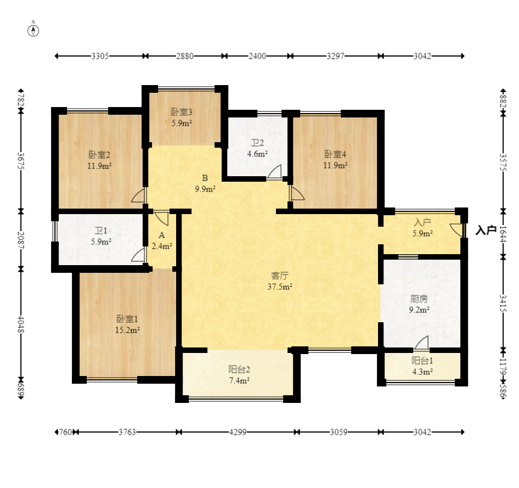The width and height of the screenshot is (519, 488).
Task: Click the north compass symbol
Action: click(33, 30)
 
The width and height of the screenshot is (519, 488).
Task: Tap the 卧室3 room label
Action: click(182, 112)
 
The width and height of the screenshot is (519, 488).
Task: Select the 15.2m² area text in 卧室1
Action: click(127, 330)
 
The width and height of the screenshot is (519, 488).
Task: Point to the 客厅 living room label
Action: click(280, 276)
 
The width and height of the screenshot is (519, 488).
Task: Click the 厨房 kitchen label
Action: click(419, 299)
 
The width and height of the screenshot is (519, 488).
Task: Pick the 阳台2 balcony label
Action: click(239, 369)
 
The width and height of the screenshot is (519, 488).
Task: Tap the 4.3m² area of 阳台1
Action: click(422, 372)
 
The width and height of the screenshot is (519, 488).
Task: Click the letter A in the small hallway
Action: click(162, 235)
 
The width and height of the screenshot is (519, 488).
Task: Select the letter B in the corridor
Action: click(205, 178)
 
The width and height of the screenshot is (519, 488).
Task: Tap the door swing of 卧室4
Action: click(297, 193)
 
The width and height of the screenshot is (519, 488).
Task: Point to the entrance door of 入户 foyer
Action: click(457, 230)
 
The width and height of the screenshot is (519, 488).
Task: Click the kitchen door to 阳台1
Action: click(421, 343)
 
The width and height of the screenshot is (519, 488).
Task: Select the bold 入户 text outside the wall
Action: click(486, 230)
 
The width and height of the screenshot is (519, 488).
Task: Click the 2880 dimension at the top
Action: click(185, 57)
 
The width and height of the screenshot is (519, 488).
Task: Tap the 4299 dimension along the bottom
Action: click(238, 432)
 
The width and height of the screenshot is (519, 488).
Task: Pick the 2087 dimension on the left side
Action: click(21, 240)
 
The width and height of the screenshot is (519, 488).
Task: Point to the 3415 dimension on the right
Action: click(503, 303)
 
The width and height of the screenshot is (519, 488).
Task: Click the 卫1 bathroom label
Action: click(101, 231)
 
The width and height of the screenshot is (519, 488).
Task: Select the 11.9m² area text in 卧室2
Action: click(99, 166)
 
